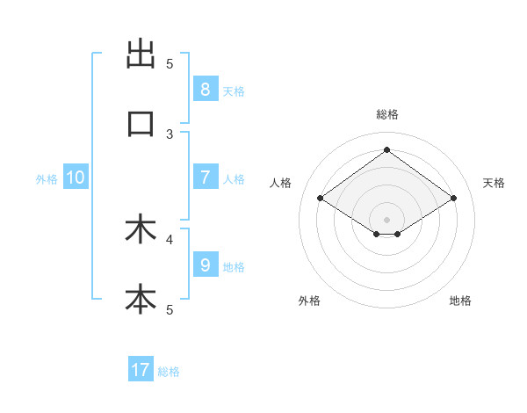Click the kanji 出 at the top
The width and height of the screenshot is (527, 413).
coord(141,54)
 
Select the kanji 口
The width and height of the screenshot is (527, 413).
coord(141,124)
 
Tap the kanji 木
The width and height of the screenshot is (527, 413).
coord(141,229)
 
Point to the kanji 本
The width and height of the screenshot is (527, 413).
coord(141,299)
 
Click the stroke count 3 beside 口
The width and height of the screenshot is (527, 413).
coord(170,134)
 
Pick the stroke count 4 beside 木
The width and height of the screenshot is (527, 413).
coord(170,238)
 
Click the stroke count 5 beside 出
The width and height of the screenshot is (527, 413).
coord(170,63)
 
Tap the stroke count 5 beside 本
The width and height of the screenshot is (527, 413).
coord(170,309)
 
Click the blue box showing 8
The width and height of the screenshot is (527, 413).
coord(205,89)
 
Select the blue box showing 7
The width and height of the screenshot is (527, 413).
coord(205,178)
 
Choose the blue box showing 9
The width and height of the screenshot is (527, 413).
coord(205,264)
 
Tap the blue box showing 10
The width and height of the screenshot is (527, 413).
coord(76,178)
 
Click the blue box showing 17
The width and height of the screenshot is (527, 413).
coord(141,370)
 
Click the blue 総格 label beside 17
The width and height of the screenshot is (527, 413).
coord(169,372)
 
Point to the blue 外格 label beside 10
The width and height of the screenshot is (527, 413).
coord(47,179)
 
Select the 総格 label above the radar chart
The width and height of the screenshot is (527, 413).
coord(386,114)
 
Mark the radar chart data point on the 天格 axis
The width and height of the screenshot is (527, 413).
coord(453,199)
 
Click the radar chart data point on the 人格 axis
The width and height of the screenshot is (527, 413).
coord(321,199)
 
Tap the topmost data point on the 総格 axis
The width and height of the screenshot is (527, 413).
coord(386,149)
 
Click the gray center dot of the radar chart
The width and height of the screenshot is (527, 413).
coord(386,219)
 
